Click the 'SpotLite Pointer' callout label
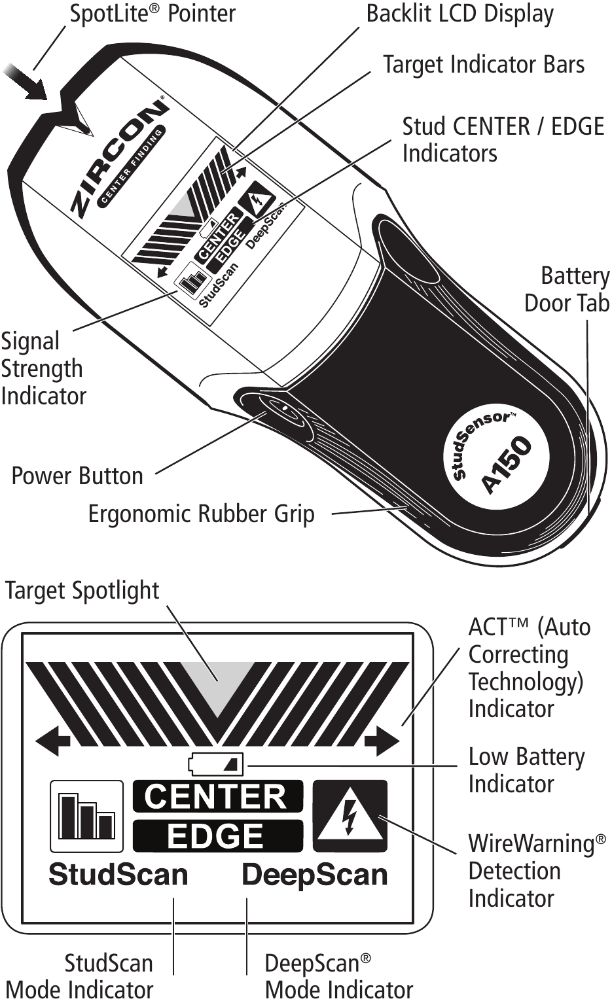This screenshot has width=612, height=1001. tap(153, 14)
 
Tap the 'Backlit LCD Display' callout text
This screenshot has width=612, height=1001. tap(459, 14)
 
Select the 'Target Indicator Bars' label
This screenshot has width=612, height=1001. tap(483, 65)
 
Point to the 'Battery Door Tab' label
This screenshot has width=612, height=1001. tap(567, 290)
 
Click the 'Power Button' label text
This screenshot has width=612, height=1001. tap(77, 476)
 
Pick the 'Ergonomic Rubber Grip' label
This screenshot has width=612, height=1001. tap(201, 514)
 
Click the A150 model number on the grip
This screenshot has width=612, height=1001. tap(507, 464)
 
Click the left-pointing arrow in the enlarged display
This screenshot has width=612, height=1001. tap(53, 742)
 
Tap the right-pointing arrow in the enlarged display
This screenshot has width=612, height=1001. tap(382, 742)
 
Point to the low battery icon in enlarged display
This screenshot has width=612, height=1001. tap(215, 764)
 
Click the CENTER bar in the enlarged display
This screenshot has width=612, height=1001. tap(217, 796)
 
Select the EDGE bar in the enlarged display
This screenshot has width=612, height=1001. tap(217, 835)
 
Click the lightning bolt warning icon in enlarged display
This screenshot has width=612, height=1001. tap(350, 815)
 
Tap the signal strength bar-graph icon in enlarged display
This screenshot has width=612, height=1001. tap(86, 816)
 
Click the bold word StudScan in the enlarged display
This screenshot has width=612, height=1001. tap(118, 875)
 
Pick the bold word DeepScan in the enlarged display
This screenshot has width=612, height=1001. tap(315, 875)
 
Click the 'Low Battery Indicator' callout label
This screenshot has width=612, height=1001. tap(526, 770)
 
